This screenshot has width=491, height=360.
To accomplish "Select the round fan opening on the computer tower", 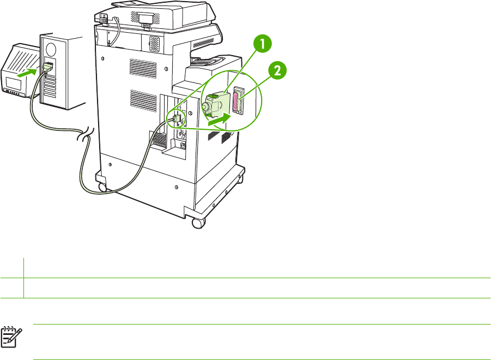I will [51, 48].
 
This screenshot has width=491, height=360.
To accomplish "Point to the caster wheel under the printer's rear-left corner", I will [101, 187].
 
